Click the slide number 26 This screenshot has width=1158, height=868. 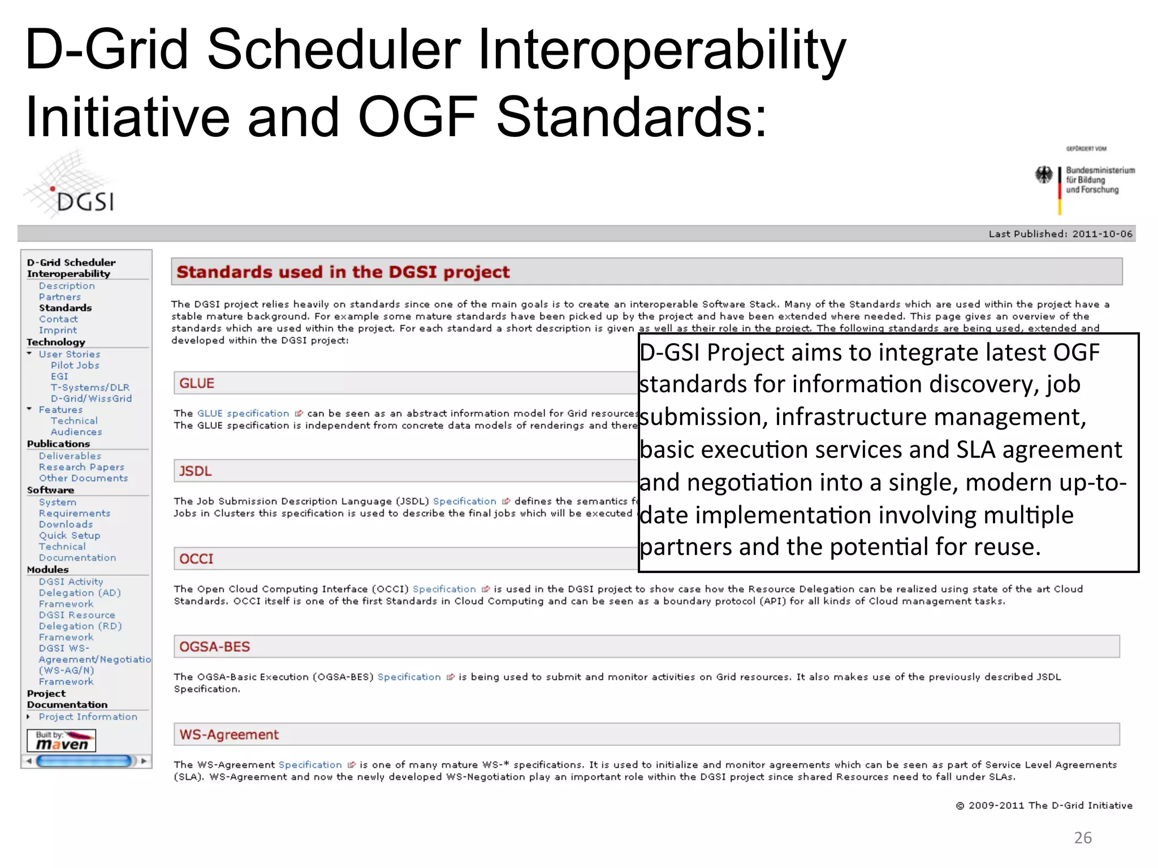pos(1082,837)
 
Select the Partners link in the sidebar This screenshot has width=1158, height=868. pos(59,297)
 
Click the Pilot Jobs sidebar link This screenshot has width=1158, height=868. pos(75,365)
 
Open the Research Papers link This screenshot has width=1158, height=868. pos(81,467)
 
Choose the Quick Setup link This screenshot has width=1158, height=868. pos(70,535)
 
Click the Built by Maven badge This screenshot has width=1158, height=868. pos(62,740)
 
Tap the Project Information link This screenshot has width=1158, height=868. pos(88,717)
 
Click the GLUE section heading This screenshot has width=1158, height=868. pos(197,383)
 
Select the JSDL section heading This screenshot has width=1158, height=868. pos(195,471)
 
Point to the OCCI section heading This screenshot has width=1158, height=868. pos(196,559)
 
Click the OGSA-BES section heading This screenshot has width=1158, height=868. pos(214,646)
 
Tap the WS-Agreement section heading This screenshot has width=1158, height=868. pos(229,735)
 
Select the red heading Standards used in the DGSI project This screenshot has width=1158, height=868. pos(343,272)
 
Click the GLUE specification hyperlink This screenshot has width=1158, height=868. pos(243,413)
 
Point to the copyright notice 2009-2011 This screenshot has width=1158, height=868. pos(1044,805)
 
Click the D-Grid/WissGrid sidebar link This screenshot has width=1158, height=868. pos(91,398)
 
